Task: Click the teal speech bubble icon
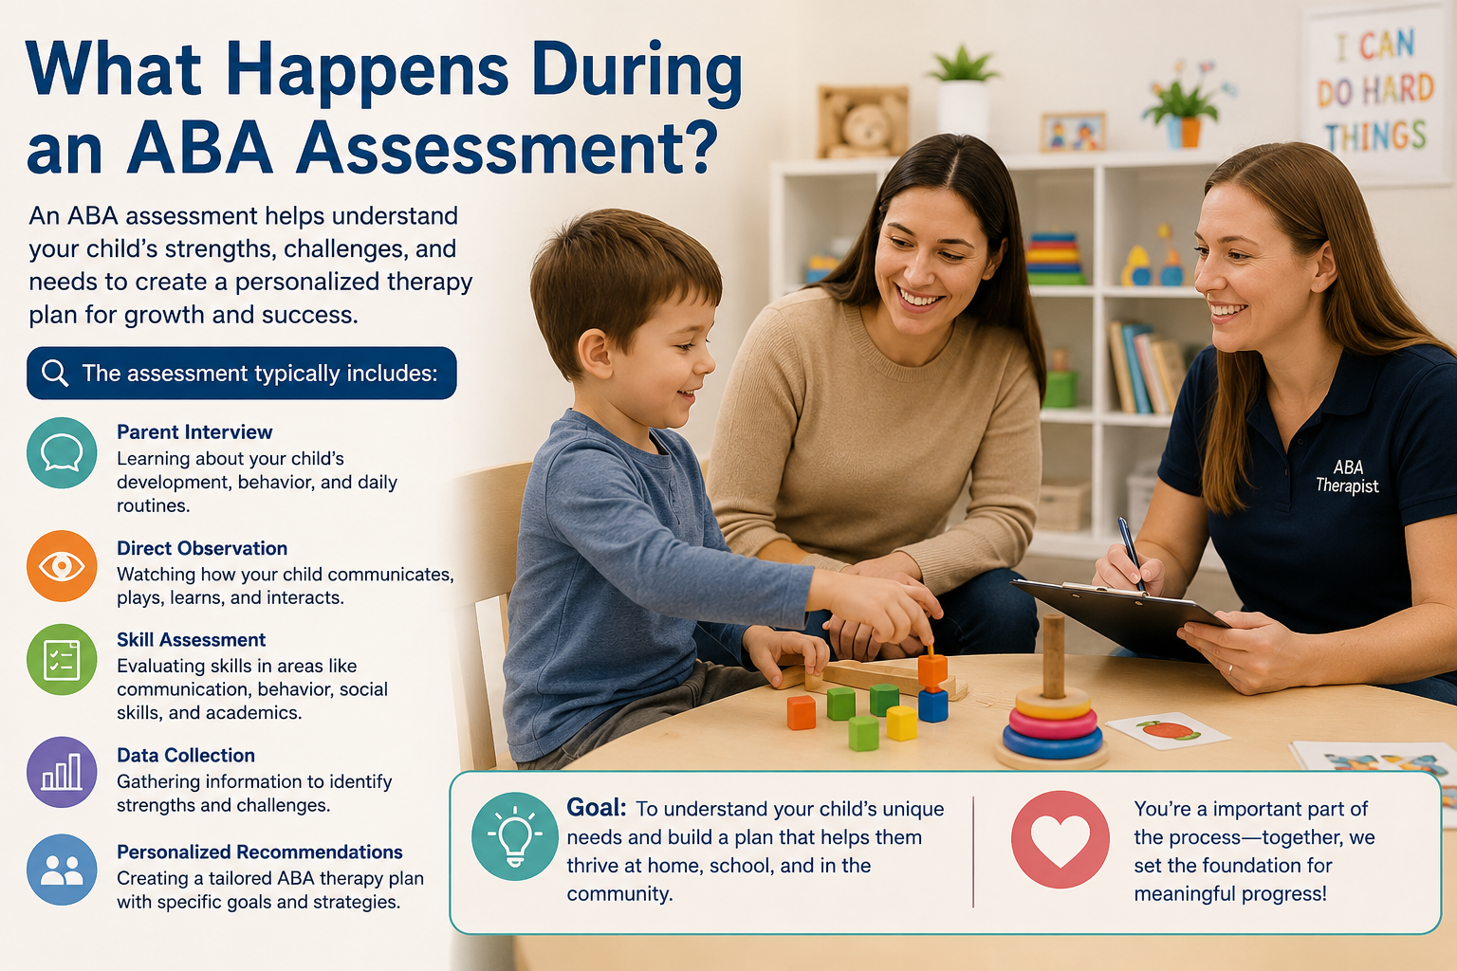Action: point(62,452)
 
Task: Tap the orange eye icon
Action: point(62,566)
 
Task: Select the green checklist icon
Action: point(62,659)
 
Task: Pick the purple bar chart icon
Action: point(62,772)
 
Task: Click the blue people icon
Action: point(62,870)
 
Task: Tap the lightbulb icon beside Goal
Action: point(514,836)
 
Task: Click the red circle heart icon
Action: point(1060,839)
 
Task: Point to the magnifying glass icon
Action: point(55,374)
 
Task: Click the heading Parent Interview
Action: point(194,431)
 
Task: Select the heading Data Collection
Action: point(186,755)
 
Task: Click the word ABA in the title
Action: point(199,147)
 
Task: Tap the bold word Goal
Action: point(596,808)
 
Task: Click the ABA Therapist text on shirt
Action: point(1347,477)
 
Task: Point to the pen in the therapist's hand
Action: point(1131,554)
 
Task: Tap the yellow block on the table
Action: point(901,724)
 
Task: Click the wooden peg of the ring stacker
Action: point(1054,656)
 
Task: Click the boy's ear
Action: point(593,355)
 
